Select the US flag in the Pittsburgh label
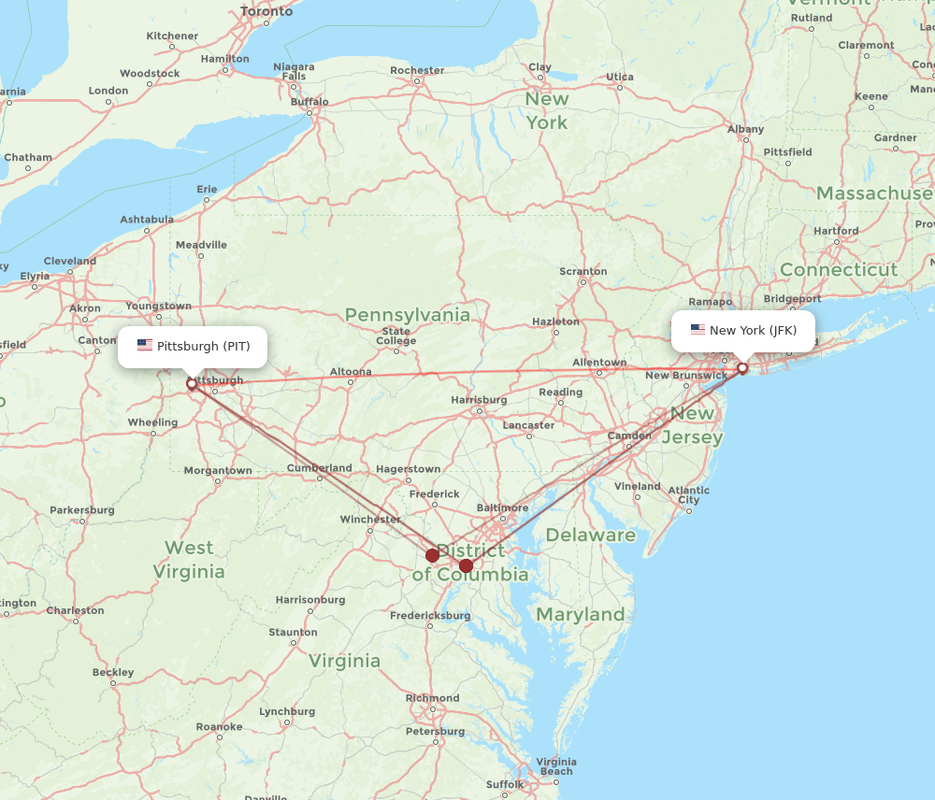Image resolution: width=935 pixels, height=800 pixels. pyautogui.click(x=145, y=346)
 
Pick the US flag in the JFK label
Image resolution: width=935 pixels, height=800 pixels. pyautogui.click(x=698, y=330)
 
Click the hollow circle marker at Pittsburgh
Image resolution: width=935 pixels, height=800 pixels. pyautogui.click(x=192, y=383)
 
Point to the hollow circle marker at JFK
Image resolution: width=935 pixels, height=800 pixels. pyautogui.click(x=742, y=368)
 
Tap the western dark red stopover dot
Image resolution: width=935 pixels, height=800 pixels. pyautogui.click(x=432, y=555)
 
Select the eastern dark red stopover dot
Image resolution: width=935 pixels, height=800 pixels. pyautogui.click(x=466, y=565)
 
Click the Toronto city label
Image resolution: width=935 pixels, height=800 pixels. pyautogui.click(x=266, y=12)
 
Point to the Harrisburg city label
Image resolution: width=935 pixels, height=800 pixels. pyautogui.click(x=479, y=400)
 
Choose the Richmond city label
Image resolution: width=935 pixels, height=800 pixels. pyautogui.click(x=432, y=698)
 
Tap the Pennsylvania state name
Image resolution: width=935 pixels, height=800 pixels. pyautogui.click(x=408, y=315)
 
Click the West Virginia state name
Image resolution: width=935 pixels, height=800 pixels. pyautogui.click(x=189, y=560)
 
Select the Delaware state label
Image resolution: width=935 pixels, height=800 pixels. pyautogui.click(x=590, y=536)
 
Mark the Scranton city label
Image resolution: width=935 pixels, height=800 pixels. pyautogui.click(x=583, y=272)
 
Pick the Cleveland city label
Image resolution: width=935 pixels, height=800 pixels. pyautogui.click(x=69, y=261)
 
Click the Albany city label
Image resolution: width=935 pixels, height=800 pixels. pyautogui.click(x=745, y=129)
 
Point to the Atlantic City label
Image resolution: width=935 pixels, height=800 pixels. pyautogui.click(x=689, y=494)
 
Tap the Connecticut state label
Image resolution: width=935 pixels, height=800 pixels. pyautogui.click(x=838, y=269)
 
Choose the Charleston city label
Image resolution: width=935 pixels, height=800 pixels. pyautogui.click(x=75, y=610)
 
